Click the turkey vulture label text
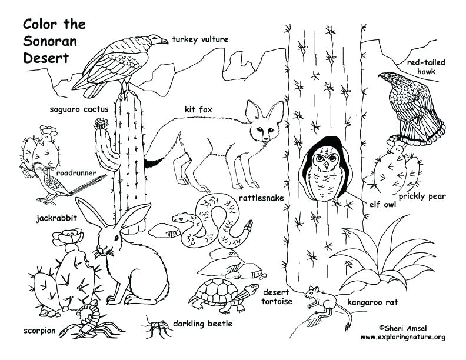pyautogui.click(x=200, y=40)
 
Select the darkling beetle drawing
pyautogui.click(x=155, y=325)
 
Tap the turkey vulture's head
pyautogui.click(x=157, y=39)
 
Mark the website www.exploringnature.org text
pyautogui.click(x=402, y=337)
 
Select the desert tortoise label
pyautogui.click(x=277, y=296)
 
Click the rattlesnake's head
pyautogui.click(x=179, y=218)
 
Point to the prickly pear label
pyautogui.click(x=422, y=196)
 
